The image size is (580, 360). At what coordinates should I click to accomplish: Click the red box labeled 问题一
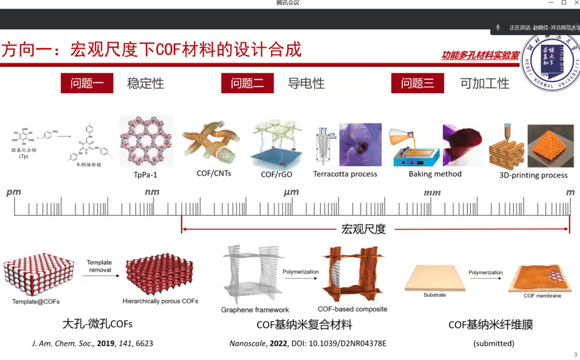[87, 84]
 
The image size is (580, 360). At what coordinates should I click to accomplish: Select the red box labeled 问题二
[248, 84]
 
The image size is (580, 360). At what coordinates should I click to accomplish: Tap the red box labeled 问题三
[418, 84]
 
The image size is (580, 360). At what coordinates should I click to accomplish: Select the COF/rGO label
[275, 175]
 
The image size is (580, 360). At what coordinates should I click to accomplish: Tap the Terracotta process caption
[345, 174]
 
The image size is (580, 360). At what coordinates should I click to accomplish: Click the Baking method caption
[435, 174]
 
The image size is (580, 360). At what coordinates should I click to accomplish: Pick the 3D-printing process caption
[533, 175]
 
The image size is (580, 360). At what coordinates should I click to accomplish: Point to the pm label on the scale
[14, 192]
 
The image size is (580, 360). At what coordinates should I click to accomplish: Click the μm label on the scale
[291, 192]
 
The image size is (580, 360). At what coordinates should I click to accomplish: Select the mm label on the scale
[432, 193]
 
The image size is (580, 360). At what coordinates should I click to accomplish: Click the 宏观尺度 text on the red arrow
[363, 229]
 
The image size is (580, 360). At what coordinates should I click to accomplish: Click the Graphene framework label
[255, 310]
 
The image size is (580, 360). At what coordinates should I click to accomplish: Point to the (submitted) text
[494, 343]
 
